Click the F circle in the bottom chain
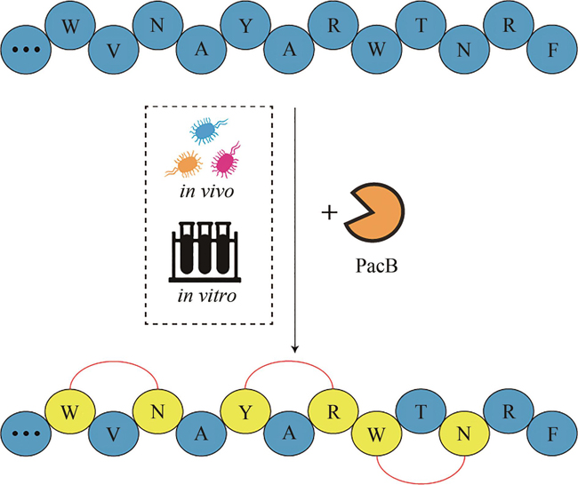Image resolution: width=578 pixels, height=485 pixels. tap(552, 435)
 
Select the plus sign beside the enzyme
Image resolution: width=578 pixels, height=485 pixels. tap(327, 214)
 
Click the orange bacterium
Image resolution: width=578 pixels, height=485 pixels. tap(184, 163)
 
